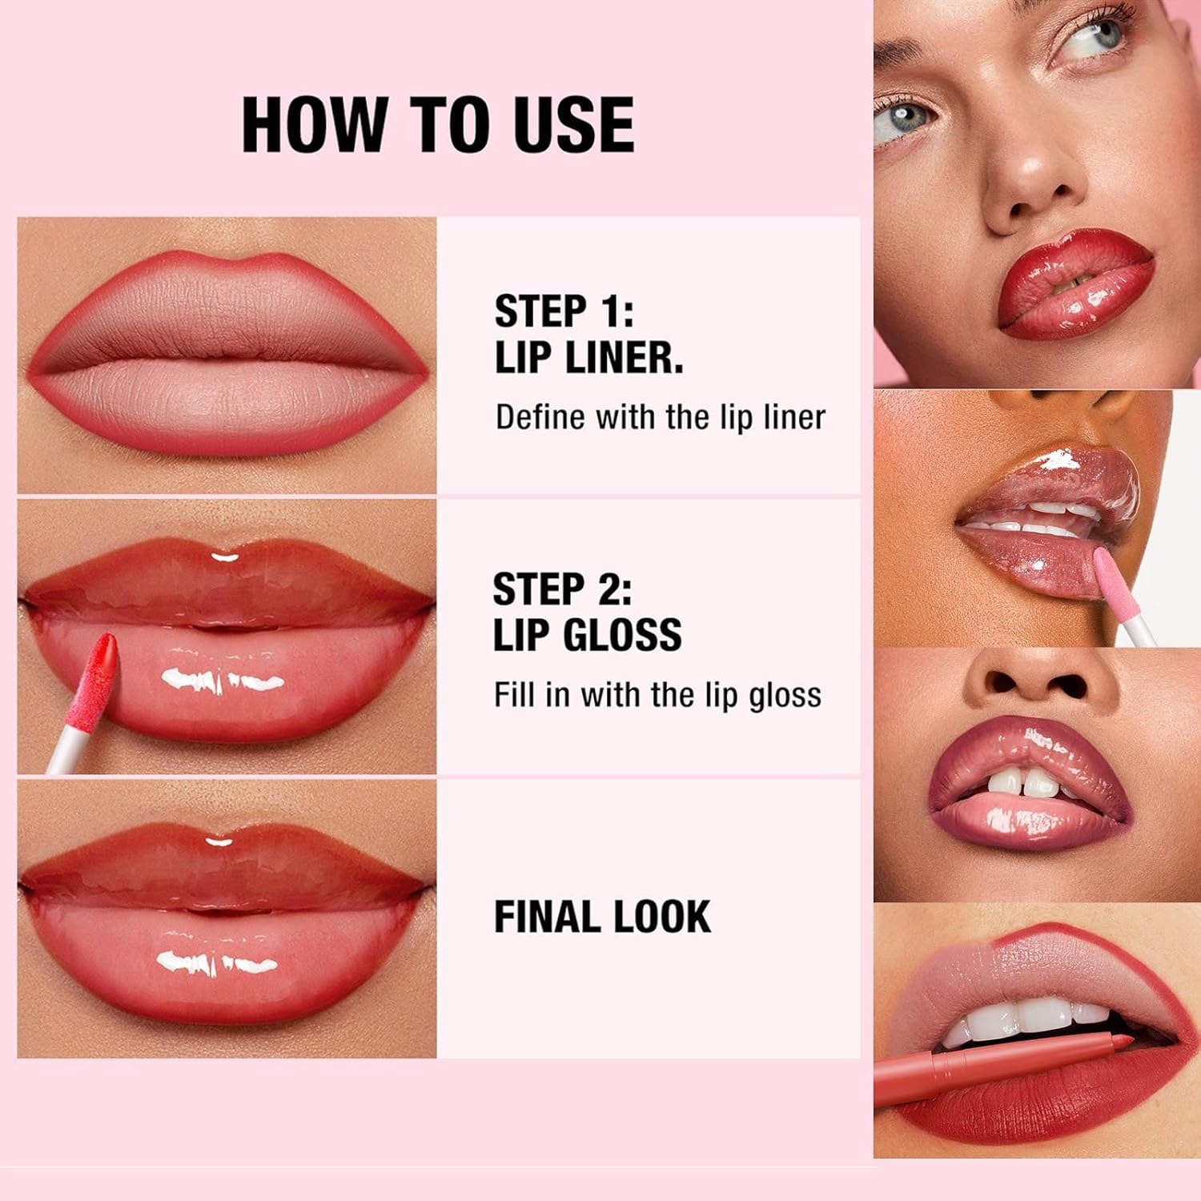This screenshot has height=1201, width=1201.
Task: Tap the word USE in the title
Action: (574, 125)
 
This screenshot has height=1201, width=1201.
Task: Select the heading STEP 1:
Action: (564, 311)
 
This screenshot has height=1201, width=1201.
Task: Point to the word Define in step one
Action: (539, 417)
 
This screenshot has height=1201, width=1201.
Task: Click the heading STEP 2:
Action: (562, 589)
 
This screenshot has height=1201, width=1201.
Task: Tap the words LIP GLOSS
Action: (587, 635)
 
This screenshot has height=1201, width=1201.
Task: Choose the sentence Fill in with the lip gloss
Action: (657, 695)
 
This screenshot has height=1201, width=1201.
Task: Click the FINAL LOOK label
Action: (602, 917)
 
